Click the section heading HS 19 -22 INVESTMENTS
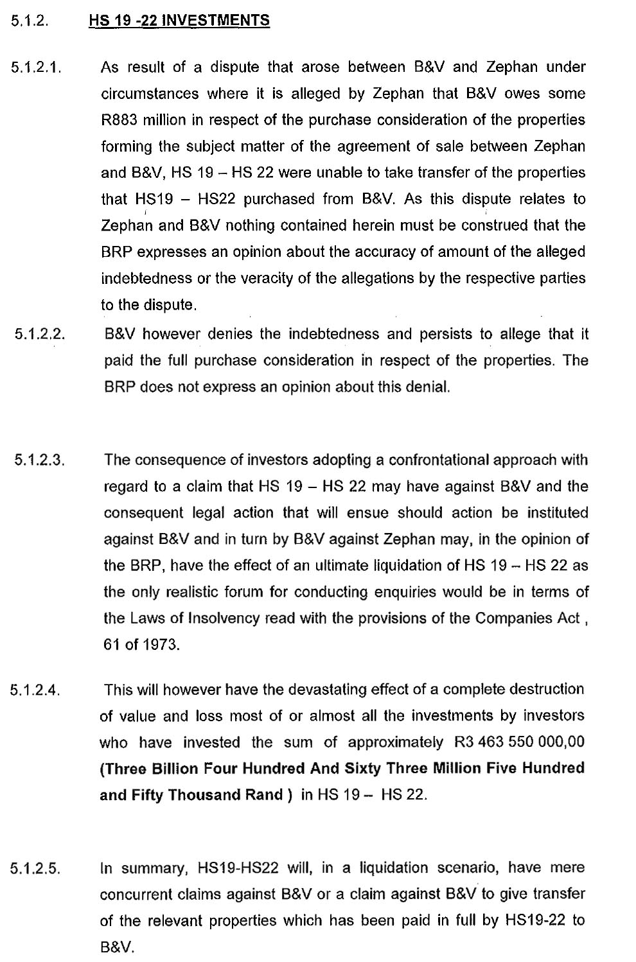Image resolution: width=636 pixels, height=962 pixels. pyautogui.click(x=179, y=21)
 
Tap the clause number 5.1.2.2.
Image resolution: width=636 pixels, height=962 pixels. pyautogui.click(x=40, y=335)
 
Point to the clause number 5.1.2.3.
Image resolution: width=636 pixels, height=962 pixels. pyautogui.click(x=40, y=460)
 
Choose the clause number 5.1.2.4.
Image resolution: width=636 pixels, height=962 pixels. pyautogui.click(x=36, y=691)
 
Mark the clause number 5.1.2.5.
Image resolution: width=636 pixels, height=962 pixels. pyautogui.click(x=36, y=869)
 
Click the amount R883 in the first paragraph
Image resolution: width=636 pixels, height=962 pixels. pyautogui.click(x=119, y=120)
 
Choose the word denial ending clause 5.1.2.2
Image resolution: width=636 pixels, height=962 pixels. pyautogui.click(x=428, y=387)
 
